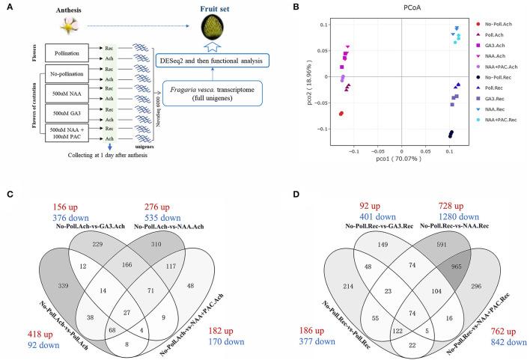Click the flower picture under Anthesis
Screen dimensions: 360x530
[38, 26]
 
